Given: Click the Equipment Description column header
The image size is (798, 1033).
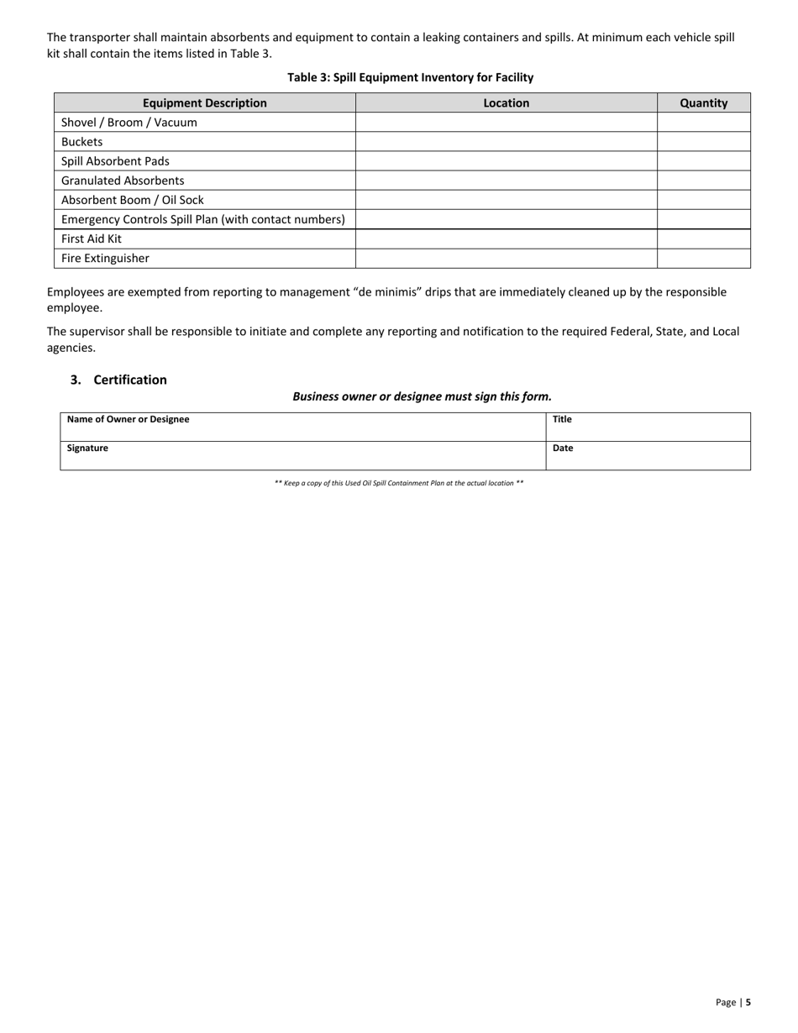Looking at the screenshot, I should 204,103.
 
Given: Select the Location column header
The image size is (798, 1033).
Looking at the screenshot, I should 507,103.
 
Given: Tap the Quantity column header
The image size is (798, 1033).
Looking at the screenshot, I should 703,103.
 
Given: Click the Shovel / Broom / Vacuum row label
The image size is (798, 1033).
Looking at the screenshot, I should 129,123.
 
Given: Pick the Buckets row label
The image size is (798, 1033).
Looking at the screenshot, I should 82,142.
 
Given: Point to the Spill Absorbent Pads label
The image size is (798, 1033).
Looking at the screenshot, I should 115,161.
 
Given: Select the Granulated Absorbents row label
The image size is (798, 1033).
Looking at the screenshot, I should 123,181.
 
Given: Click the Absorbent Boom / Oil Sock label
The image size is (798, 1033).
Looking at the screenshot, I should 133,200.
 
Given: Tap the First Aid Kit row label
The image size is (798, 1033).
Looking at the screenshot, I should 92,239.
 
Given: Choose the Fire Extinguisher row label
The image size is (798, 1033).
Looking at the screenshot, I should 105,258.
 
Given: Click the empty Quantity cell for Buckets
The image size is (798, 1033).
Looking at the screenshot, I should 703,142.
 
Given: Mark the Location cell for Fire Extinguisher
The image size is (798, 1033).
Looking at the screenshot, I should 507,258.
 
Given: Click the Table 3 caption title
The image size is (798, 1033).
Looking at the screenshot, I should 410,77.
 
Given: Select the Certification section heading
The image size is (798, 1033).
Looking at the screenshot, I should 130,380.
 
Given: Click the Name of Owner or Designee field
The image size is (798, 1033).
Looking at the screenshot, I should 302,427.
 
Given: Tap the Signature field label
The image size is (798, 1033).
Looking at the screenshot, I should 87,448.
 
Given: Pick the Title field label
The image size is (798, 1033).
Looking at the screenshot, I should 562,419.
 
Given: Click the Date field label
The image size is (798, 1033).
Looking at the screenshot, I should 563,448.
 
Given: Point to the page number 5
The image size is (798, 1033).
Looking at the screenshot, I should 748,1002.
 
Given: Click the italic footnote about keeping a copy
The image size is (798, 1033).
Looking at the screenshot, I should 399,484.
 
